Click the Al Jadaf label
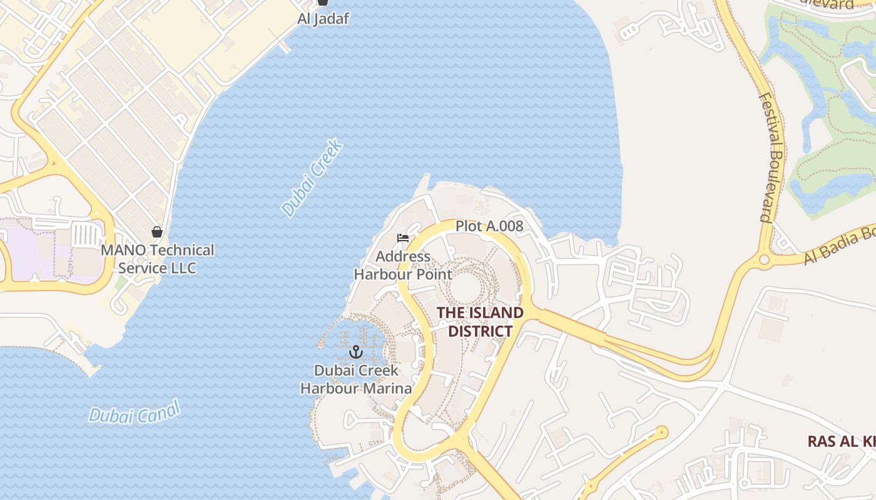323,19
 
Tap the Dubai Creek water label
312,178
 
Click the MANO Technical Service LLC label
158,259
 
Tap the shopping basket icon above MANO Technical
157,232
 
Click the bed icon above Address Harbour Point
403,238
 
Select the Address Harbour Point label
403,265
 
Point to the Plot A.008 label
489,226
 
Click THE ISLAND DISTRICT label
480,321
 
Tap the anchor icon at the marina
356,352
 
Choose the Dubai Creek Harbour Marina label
356,379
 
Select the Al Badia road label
838,246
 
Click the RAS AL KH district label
841,441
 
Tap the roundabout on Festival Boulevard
763,259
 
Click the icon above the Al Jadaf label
323,2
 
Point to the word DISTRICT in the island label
480,331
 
